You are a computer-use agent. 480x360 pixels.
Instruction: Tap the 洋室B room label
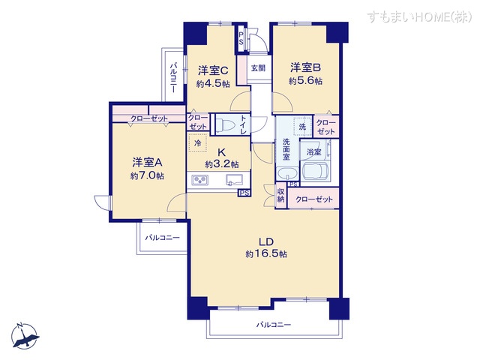tap(306, 67)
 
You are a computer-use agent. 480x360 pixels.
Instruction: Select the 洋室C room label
tap(213, 70)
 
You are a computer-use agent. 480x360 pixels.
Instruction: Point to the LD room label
tap(265, 241)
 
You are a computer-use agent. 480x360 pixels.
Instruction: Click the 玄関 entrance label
tap(258, 67)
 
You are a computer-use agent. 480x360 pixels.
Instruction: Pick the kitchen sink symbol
tap(232, 180)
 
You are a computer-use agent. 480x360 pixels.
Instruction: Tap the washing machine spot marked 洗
tap(301, 126)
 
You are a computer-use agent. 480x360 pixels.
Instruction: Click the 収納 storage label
tap(280, 196)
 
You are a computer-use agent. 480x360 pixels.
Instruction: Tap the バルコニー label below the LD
tap(273, 325)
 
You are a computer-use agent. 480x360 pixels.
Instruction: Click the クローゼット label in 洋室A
tap(148, 118)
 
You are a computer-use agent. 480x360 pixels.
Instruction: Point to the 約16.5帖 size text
tap(265, 255)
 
